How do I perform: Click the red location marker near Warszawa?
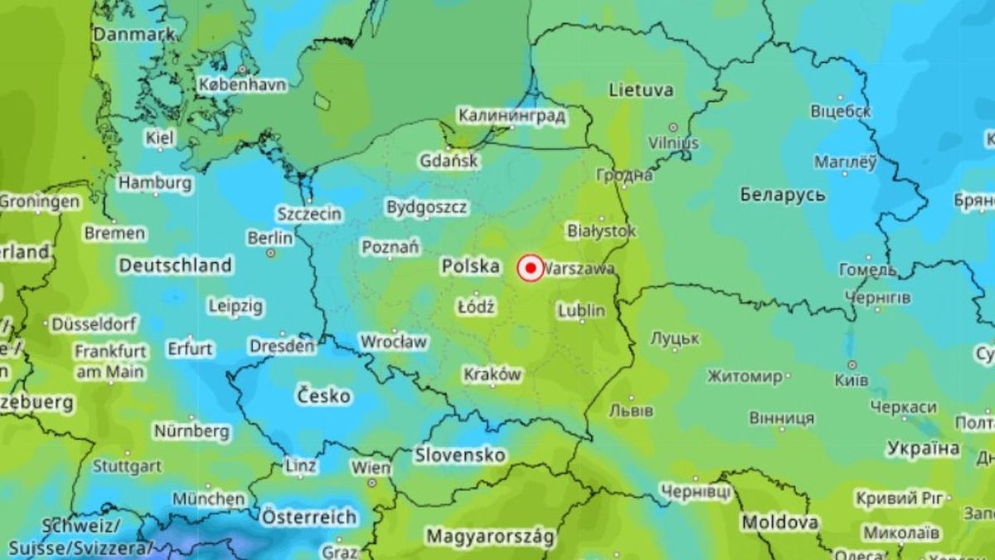tap(530, 268)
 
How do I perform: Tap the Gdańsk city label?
tap(449, 161)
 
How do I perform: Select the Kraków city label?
tap(493, 375)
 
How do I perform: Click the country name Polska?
tap(470, 266)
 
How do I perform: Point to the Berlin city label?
tap(270, 238)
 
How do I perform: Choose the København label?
tap(242, 85)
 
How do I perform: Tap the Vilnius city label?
tap(674, 143)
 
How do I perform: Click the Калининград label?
tap(512, 116)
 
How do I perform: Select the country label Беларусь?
tap(782, 195)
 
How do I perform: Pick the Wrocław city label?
tap(393, 342)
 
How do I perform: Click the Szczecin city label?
tap(309, 214)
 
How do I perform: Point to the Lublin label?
tap(581, 311)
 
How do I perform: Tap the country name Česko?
tap(323, 397)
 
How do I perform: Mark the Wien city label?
tap(371, 468)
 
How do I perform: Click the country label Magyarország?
tap(489, 536)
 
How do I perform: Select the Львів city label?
tap(631, 411)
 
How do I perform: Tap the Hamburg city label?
tap(155, 183)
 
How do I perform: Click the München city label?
tap(209, 499)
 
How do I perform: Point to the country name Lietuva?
tap(641, 90)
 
